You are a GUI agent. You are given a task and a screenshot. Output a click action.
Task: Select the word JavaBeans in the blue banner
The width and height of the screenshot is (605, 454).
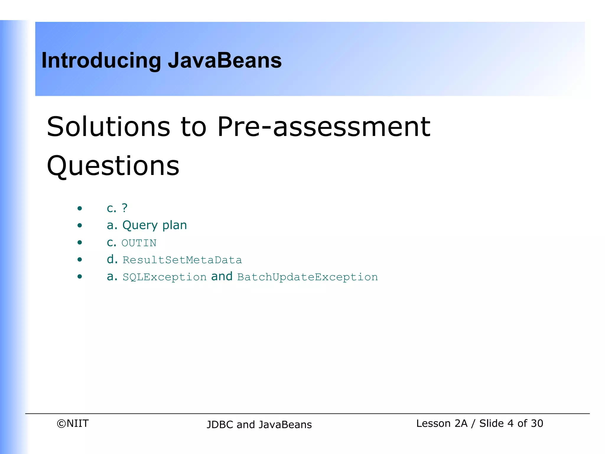225,60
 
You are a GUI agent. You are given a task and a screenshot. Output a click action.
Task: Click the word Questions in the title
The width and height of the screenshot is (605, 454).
113,166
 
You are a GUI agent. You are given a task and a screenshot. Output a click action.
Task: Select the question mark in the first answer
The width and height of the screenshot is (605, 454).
124,208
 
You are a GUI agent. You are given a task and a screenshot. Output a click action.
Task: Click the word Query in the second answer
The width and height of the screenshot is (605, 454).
140,226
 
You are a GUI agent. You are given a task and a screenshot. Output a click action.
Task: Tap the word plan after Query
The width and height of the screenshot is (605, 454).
175,226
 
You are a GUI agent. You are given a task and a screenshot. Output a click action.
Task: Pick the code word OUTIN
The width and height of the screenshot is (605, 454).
139,243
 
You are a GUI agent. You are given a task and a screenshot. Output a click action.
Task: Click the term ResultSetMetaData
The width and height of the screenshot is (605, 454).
182,260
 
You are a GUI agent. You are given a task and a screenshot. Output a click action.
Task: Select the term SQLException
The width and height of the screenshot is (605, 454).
165,277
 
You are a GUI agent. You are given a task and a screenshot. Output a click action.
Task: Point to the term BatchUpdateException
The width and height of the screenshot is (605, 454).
307,277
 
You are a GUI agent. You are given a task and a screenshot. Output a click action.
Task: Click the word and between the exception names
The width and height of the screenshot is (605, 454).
222,277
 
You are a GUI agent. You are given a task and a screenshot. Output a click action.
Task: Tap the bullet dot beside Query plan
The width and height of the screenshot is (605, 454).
79,226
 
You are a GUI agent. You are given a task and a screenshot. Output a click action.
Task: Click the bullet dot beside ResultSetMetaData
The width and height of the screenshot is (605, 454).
79,260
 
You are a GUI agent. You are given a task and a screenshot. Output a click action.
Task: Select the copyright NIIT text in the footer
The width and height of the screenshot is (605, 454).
73,424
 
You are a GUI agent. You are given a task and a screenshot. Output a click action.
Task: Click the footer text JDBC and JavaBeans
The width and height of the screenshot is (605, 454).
259,425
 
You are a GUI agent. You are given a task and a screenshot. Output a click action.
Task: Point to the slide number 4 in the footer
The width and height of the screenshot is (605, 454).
510,424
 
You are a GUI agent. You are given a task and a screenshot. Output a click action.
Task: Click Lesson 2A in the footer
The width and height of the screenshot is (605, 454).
442,424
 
